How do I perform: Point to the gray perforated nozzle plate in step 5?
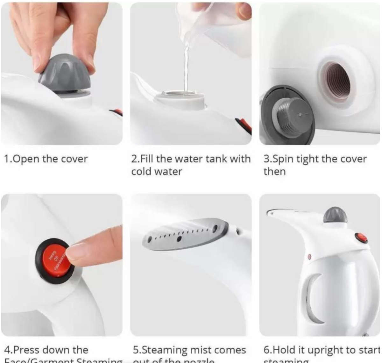coord(185,235)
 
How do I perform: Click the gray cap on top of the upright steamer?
coord(335,215)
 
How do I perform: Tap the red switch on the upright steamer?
coord(361,238)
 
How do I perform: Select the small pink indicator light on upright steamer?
coord(309,256)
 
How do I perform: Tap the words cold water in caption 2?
coord(156,172)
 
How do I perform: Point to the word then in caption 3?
coord(274,172)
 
